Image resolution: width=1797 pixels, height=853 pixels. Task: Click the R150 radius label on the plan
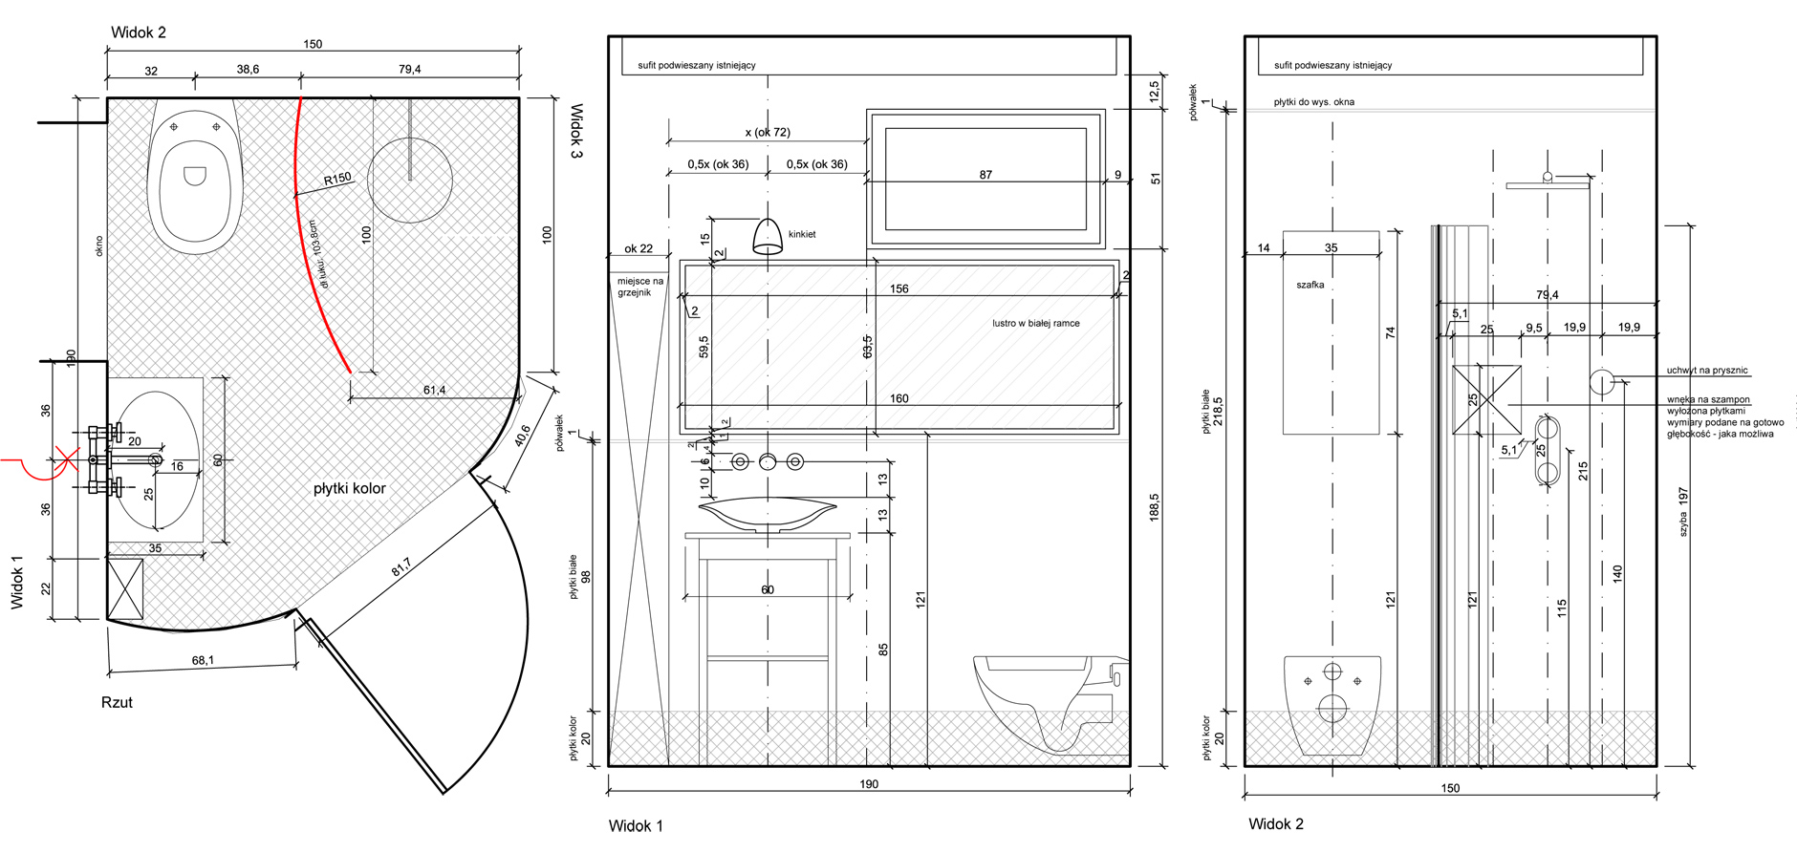(337, 179)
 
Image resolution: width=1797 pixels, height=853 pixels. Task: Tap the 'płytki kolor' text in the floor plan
(350, 488)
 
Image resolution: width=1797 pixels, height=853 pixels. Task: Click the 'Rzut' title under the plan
(117, 702)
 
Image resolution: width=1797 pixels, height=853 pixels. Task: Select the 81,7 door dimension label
(401, 566)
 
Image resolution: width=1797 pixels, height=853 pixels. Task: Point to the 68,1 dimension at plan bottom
(203, 660)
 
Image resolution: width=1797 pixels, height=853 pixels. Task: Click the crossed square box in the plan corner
(125, 588)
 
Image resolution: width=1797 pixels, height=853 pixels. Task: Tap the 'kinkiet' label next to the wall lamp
(802, 234)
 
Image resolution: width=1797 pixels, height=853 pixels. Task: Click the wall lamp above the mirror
(768, 237)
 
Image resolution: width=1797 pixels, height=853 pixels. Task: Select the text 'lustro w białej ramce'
(1035, 323)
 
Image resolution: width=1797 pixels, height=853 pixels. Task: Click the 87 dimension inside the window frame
(985, 175)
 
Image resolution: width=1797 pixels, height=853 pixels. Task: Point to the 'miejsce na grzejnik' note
(639, 287)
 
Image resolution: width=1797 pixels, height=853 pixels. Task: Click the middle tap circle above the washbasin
(768, 461)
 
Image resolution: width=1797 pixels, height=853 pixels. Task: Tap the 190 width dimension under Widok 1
(868, 784)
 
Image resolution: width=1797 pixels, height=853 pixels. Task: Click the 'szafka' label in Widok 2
(1310, 285)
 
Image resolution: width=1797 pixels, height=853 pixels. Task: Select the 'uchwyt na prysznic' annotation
(1707, 371)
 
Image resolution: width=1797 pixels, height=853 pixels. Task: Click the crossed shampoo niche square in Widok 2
(1486, 400)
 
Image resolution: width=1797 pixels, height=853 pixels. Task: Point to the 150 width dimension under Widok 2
(1450, 788)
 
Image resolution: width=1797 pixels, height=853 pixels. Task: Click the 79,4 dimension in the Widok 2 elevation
(1547, 295)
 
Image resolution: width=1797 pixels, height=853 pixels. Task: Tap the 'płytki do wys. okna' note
(1313, 102)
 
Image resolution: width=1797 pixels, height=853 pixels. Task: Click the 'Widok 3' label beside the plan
(576, 131)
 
